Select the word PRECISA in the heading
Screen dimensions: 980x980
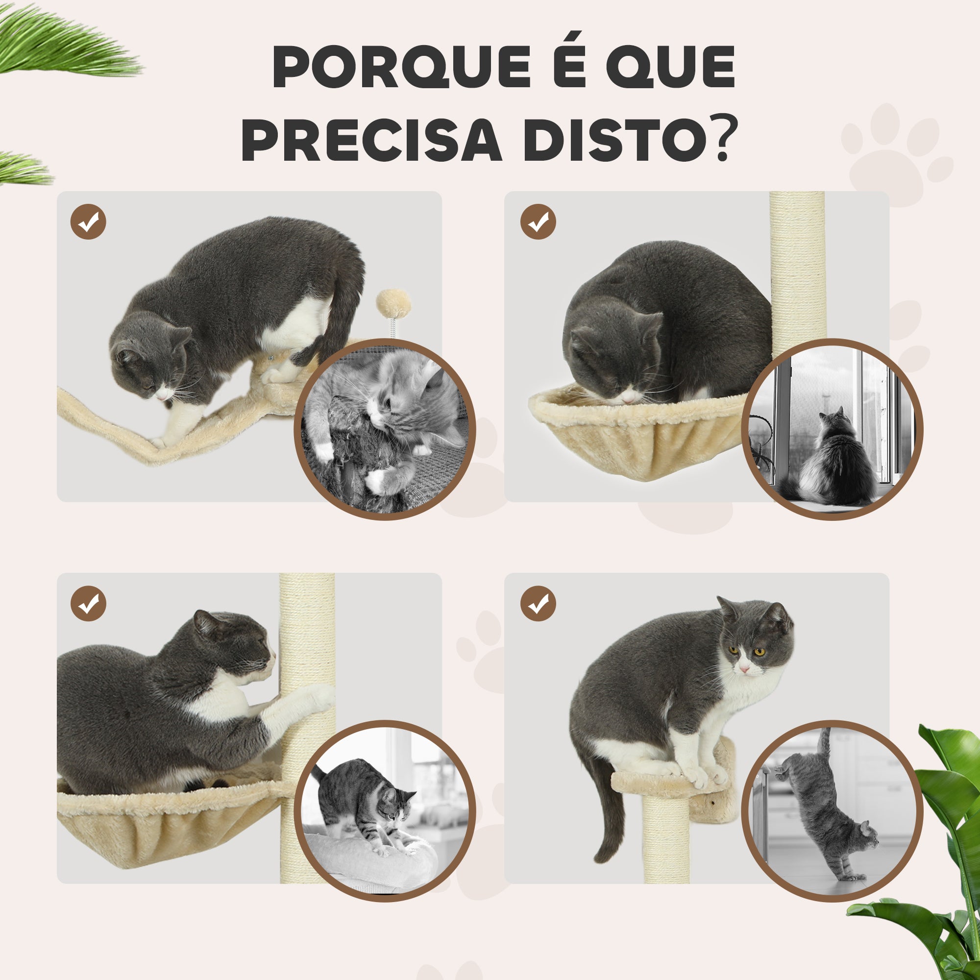coord(372,140)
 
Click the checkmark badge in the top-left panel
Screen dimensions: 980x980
coord(88,221)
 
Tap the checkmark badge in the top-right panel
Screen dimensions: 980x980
coord(538,221)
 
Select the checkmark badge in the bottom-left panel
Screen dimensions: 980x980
coord(88,604)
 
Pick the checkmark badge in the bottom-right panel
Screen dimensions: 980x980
coord(538,604)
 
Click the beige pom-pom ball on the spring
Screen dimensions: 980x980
coord(393,303)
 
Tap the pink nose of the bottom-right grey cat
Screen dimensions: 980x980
coord(744,669)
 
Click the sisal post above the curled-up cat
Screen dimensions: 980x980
coord(797,274)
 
